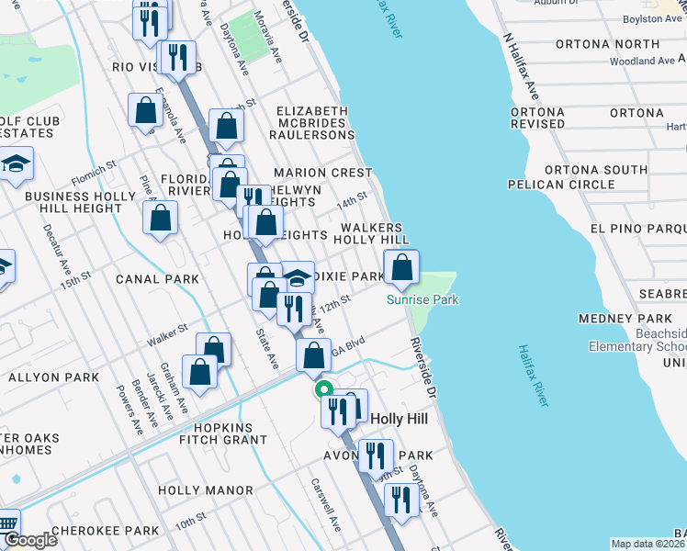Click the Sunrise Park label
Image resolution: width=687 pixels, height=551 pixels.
tap(422, 299)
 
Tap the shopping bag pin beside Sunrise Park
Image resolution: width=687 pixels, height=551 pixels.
tap(401, 268)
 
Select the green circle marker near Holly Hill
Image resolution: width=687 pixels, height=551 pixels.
tap(324, 389)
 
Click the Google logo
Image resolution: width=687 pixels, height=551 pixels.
tap(30, 540)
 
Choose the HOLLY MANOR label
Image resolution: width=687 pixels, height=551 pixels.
tap(204, 490)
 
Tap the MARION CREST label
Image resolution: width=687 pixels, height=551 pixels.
tap(322, 173)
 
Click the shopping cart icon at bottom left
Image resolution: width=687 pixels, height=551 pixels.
tap(6, 523)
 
